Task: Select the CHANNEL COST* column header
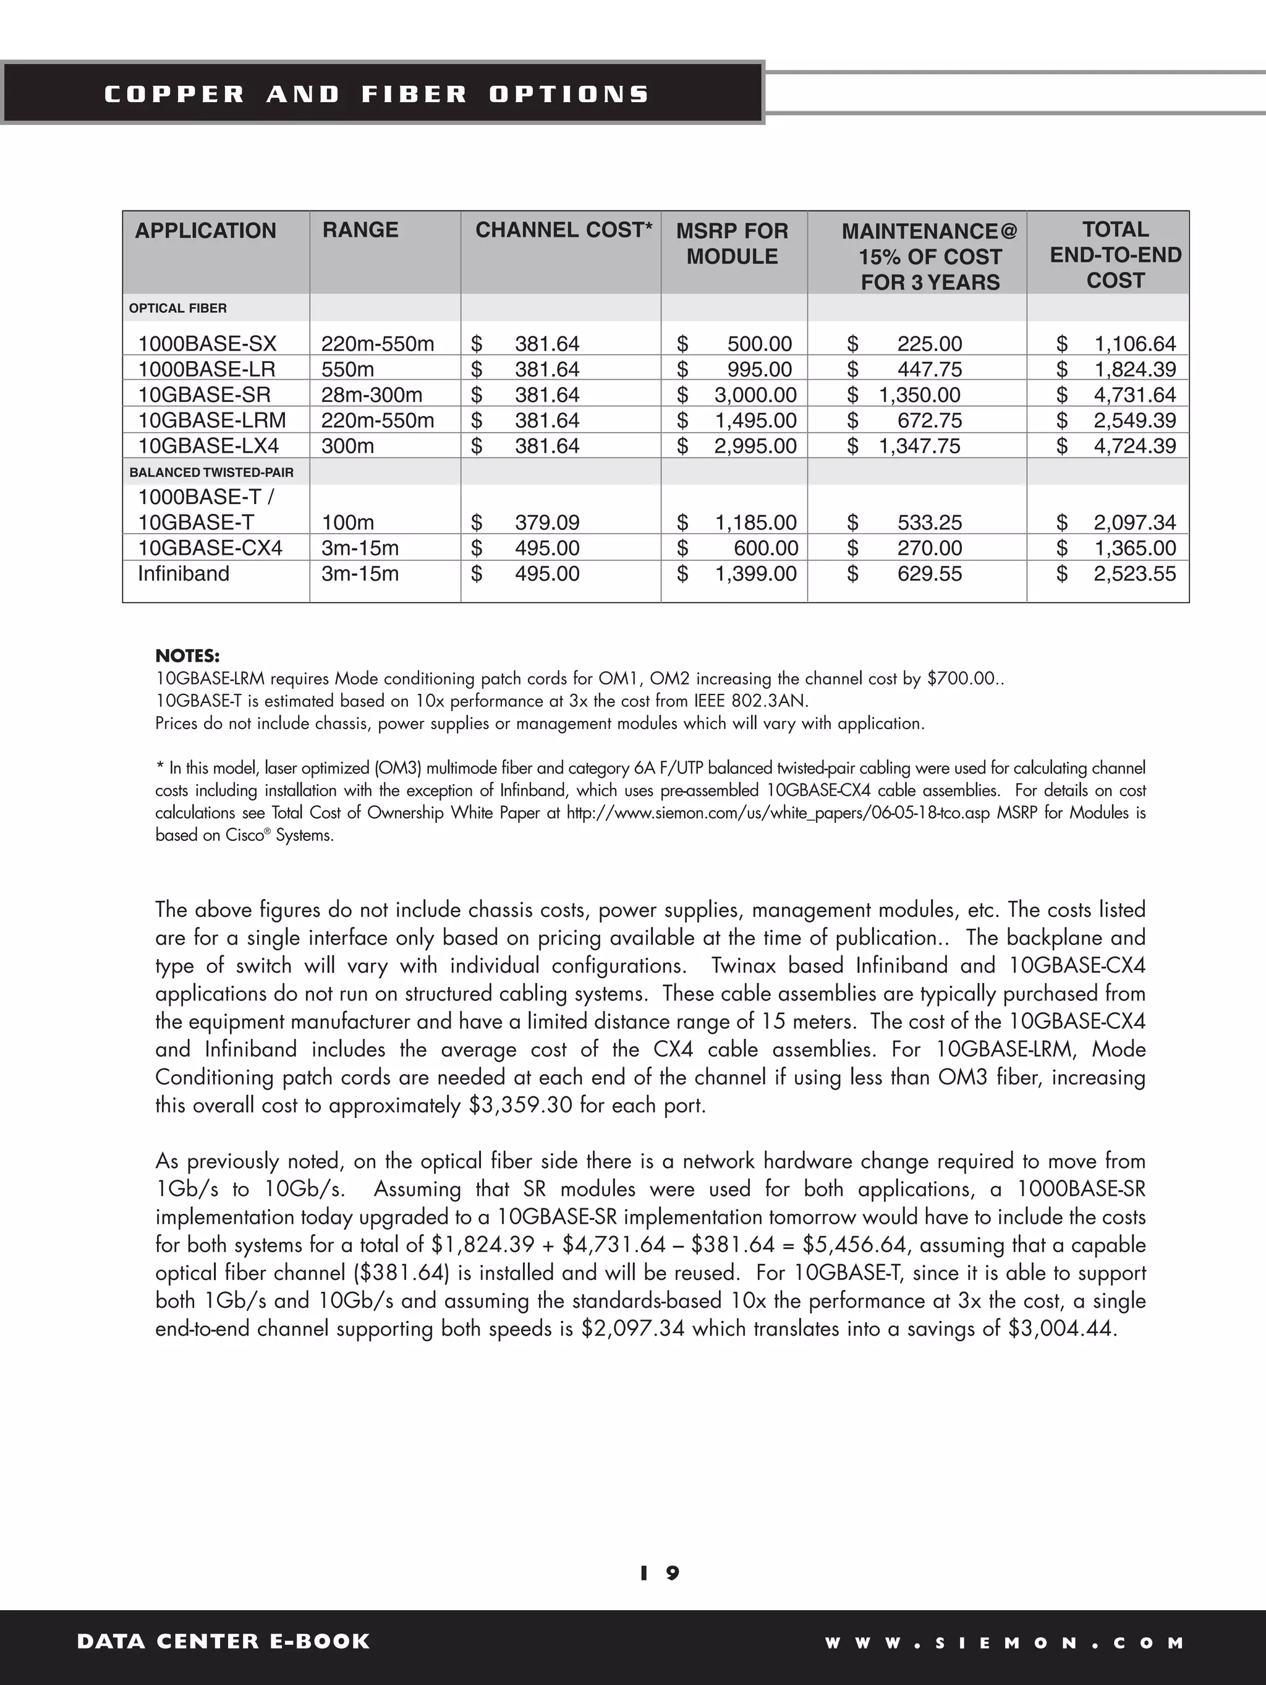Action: click(x=564, y=230)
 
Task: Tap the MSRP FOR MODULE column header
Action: click(x=732, y=244)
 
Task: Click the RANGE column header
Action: click(x=360, y=230)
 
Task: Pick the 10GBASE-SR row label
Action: click(x=204, y=395)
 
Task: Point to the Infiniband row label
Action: click(x=183, y=574)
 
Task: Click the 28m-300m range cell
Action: click(x=371, y=395)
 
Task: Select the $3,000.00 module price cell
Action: click(x=754, y=395)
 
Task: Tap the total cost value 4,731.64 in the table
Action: click(x=1134, y=395)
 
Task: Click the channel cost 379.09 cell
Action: click(x=546, y=523)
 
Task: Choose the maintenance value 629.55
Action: click(x=929, y=574)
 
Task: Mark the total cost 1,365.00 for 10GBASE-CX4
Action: click(x=1134, y=548)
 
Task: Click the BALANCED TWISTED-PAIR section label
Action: click(x=211, y=472)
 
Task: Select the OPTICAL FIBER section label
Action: click(x=177, y=309)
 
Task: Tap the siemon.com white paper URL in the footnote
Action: click(x=777, y=813)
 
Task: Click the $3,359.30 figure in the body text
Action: click(x=520, y=1106)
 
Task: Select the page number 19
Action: click(x=660, y=1573)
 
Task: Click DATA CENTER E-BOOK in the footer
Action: click(x=223, y=1641)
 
